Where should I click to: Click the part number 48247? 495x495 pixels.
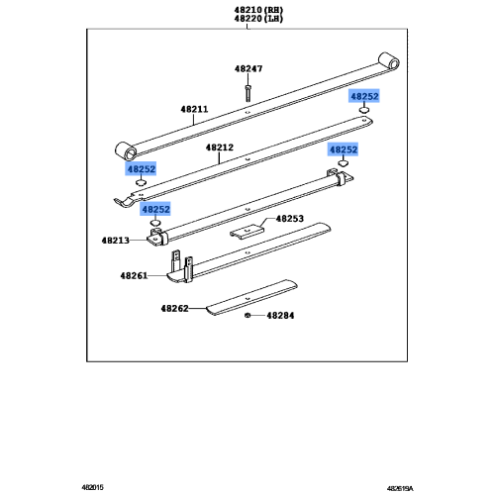pyautogui.click(x=248, y=68)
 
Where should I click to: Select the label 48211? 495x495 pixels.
pyautogui.click(x=194, y=109)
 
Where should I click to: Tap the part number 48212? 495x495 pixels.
pyautogui.click(x=220, y=148)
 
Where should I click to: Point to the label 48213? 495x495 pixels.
pyautogui.click(x=115, y=241)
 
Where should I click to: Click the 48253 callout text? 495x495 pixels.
pyautogui.click(x=290, y=219)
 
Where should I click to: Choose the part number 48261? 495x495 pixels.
pyautogui.click(x=134, y=275)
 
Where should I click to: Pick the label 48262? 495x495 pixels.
pyautogui.click(x=174, y=309)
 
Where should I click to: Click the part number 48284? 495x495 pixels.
pyautogui.click(x=280, y=316)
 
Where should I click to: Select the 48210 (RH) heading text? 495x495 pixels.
pyautogui.click(x=258, y=10)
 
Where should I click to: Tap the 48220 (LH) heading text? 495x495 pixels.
pyautogui.click(x=258, y=19)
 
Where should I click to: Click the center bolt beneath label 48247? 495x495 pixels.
pyautogui.click(x=247, y=93)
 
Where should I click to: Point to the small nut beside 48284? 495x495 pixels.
pyautogui.click(x=247, y=316)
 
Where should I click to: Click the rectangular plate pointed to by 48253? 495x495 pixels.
pyautogui.click(x=247, y=232)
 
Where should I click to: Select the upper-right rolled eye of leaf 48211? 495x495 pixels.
pyautogui.click(x=389, y=61)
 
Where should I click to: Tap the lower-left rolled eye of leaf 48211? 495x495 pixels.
pyautogui.click(x=126, y=151)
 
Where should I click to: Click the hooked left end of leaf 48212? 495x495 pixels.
pyautogui.click(x=124, y=202)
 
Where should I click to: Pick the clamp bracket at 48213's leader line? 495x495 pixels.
pyautogui.click(x=155, y=237)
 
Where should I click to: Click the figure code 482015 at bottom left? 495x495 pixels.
pyautogui.click(x=92, y=487)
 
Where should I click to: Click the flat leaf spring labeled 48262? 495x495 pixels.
pyautogui.click(x=251, y=298)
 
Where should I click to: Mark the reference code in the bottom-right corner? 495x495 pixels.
pyautogui.click(x=400, y=488)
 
